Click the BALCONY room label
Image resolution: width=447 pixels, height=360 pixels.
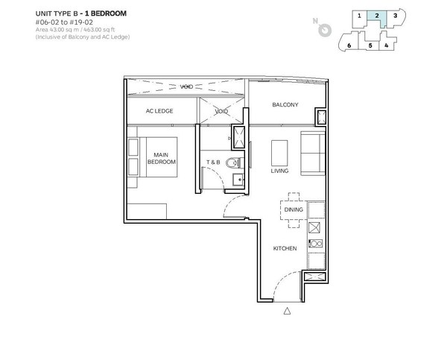(x=285, y=104)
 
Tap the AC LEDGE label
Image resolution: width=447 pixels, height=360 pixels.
(x=159, y=111)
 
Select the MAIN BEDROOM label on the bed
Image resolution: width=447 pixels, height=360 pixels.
(x=162, y=158)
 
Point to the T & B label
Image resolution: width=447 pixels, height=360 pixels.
(x=213, y=162)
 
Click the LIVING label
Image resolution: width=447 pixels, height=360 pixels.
(x=279, y=171)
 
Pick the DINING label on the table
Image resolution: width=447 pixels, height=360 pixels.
(x=294, y=209)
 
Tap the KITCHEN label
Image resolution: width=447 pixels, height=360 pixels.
(x=285, y=248)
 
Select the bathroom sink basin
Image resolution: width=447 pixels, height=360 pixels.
(x=238, y=180)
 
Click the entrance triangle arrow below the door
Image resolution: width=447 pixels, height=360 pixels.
(x=287, y=311)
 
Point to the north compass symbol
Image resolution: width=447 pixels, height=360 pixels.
(x=324, y=30)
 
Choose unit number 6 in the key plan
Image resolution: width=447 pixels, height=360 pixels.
(x=349, y=45)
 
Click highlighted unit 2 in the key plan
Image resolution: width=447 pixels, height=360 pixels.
(x=376, y=18)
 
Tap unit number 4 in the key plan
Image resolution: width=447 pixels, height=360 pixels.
(x=386, y=45)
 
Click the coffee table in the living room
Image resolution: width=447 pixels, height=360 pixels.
(x=279, y=153)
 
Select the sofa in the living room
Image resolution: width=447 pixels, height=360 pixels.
(x=313, y=154)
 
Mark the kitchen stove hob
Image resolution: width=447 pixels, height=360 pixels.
(x=316, y=243)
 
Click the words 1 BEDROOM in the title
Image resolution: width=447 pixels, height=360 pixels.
(x=106, y=13)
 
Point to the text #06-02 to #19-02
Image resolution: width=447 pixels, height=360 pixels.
(x=64, y=22)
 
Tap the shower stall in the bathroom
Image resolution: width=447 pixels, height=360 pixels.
(x=239, y=137)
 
